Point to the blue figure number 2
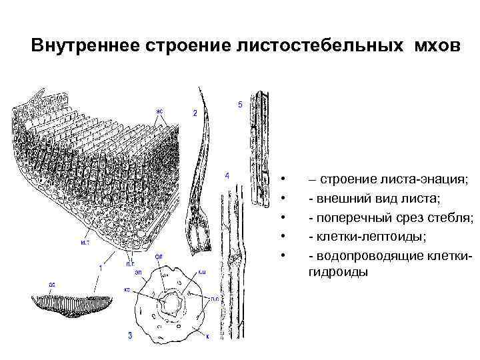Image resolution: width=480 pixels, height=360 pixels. click(x=195, y=113)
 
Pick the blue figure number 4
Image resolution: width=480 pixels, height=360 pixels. click(x=227, y=176)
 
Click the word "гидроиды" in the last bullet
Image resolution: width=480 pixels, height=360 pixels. click(x=337, y=272)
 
